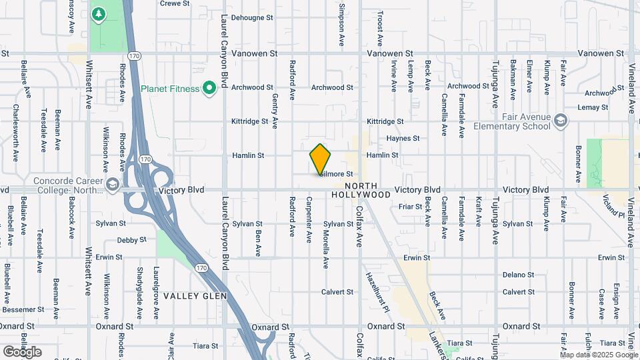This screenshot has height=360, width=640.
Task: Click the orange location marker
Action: click(x=320, y=159)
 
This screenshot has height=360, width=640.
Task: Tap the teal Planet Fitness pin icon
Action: click(x=209, y=88)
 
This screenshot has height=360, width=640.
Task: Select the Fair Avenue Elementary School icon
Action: click(x=561, y=121)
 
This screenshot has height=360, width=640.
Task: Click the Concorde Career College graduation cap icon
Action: click(x=112, y=183)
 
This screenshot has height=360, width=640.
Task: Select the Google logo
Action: click(x=22, y=351)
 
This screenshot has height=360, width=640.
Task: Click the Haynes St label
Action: click(x=403, y=139)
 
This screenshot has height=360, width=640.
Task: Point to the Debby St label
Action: click(x=131, y=240)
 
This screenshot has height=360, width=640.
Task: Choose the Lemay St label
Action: click(x=594, y=107)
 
